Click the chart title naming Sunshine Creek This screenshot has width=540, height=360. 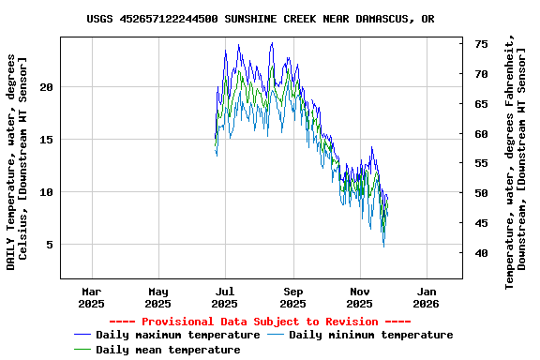[x=260, y=19]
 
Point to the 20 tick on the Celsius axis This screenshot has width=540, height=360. [x=47, y=87]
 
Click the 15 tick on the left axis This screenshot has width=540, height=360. [x=47, y=140]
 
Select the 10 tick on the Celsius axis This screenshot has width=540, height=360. [x=47, y=192]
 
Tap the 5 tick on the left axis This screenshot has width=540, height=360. [x=51, y=245]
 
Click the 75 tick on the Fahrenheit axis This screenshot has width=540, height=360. [x=480, y=44]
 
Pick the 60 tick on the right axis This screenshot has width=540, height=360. [x=480, y=134]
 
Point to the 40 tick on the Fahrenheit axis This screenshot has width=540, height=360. [x=480, y=253]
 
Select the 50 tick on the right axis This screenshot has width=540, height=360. [x=480, y=193]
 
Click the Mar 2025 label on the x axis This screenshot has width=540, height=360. [x=91, y=297]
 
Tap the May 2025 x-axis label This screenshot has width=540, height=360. [x=158, y=297]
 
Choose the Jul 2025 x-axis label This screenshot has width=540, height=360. [x=225, y=297]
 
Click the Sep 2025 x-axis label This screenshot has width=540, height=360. [x=293, y=297]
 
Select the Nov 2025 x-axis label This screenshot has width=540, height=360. [x=360, y=297]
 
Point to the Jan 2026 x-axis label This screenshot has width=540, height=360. [x=427, y=297]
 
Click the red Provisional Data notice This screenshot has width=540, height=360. [x=260, y=322]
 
